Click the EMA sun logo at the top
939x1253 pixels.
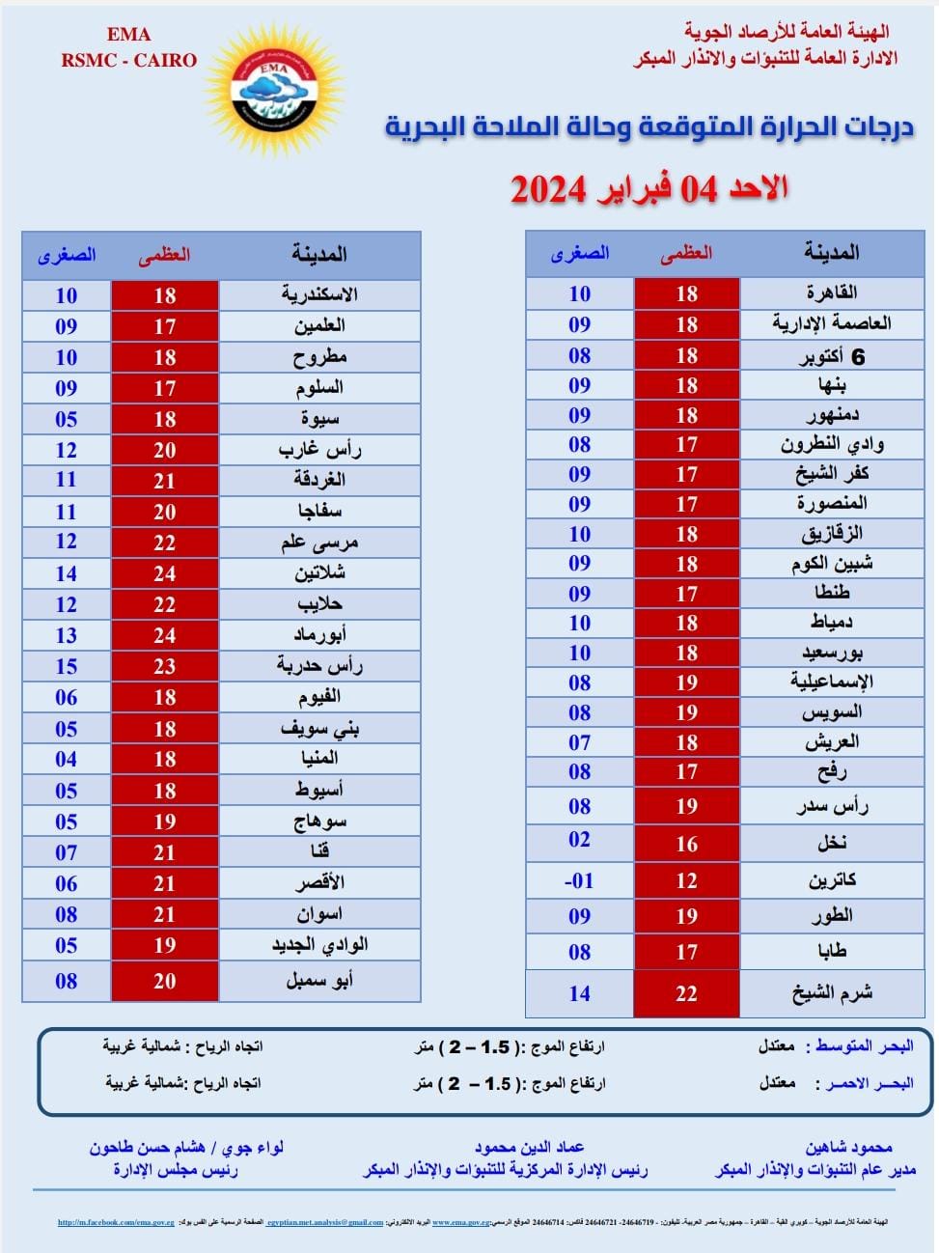[x=274, y=90]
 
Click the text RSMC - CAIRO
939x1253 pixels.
[x=128, y=60]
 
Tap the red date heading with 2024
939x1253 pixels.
[x=649, y=188]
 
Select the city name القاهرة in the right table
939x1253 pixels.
[x=831, y=292]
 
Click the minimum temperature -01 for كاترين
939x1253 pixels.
[x=579, y=880]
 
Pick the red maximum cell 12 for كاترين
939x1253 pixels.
[x=686, y=880]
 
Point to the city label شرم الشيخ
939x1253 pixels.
[x=831, y=992]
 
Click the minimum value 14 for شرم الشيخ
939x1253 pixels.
[x=579, y=993]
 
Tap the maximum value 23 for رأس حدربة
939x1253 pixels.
[x=165, y=666]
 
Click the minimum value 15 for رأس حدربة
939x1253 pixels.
[x=66, y=666]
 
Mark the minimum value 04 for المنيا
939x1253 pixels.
[x=66, y=759]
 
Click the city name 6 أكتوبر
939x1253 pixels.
[x=831, y=356]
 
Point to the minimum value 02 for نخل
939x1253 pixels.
[x=579, y=839]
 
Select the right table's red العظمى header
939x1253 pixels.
[x=686, y=253]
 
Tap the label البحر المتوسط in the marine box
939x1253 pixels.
[x=864, y=1046]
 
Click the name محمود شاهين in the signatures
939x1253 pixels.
[x=848, y=1147]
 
